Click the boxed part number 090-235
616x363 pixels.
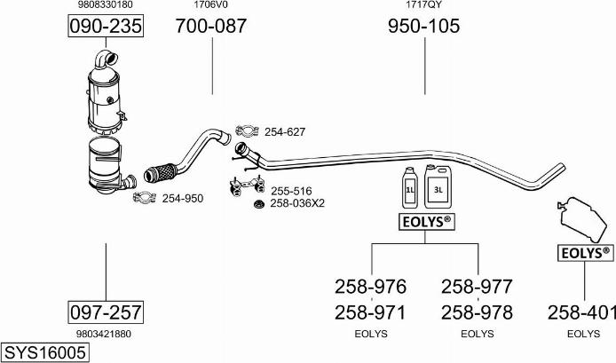(106, 27)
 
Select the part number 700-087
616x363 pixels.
(211, 27)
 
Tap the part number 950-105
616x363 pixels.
(423, 27)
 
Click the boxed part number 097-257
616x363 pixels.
(106, 312)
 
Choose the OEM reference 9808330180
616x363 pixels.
(106, 4)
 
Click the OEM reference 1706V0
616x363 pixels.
(211, 4)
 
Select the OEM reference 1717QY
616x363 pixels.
(423, 4)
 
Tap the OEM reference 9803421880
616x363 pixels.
(105, 334)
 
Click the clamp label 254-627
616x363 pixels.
(284, 132)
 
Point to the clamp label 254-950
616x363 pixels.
(182, 198)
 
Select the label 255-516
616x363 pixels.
(291, 191)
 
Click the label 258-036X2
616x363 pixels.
(297, 203)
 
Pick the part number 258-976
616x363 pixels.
(370, 287)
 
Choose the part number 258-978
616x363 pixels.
(477, 312)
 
